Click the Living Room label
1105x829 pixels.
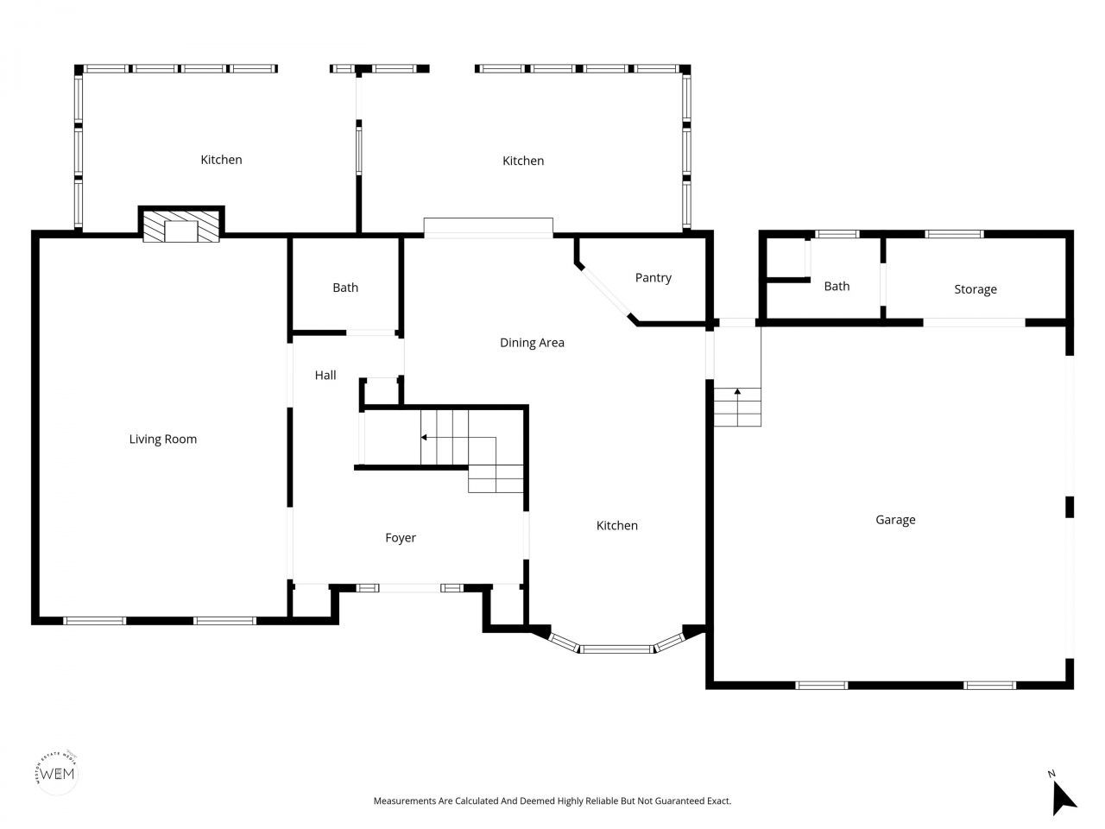[x=162, y=440]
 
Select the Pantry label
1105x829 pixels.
[x=653, y=278]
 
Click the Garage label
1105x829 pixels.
[x=895, y=520]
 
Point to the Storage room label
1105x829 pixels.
[x=975, y=289]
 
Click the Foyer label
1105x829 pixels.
[x=400, y=538]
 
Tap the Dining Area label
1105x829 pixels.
[x=532, y=343]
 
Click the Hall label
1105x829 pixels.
[x=325, y=376]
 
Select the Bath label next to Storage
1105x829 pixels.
[x=836, y=287]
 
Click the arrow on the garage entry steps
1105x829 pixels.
[x=737, y=393]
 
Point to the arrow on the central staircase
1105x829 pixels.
[x=425, y=437]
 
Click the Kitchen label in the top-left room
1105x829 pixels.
[x=221, y=160]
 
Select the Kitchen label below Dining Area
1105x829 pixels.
[x=617, y=526]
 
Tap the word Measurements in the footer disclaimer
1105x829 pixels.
[x=404, y=801]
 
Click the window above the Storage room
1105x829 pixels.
[x=954, y=233]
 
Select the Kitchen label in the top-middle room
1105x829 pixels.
[x=523, y=161]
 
